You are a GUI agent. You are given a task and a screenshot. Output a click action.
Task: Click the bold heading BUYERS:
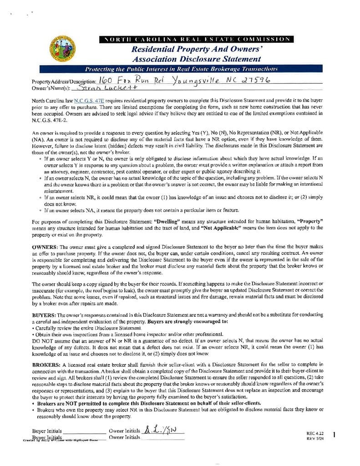pos(45,315)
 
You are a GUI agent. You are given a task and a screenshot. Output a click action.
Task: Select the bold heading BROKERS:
pos(46,365)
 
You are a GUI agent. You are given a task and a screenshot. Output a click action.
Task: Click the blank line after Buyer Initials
pos(85,431)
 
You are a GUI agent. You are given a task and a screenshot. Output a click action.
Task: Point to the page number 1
pos(334,435)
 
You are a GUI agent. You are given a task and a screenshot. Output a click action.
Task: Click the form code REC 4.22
pos(314,433)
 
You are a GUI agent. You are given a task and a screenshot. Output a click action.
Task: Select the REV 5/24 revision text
pos(314,439)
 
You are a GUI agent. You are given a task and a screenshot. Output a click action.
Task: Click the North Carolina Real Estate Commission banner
pos(196,40)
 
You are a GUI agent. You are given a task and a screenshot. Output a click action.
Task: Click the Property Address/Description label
pos(64,81)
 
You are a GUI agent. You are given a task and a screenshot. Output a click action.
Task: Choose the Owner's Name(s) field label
pos(51,88)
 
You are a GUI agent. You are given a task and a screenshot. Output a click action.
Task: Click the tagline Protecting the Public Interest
pos(181,69)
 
